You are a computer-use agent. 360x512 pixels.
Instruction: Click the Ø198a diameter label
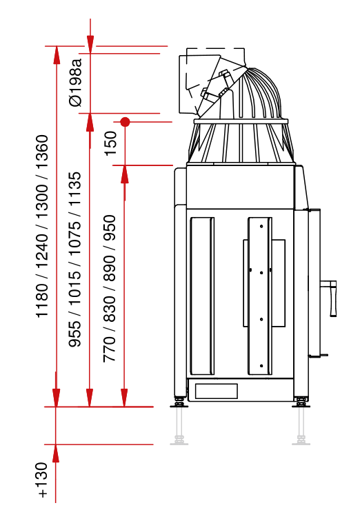pyautogui.click(x=75, y=82)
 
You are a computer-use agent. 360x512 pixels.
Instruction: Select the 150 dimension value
pyautogui.click(x=110, y=143)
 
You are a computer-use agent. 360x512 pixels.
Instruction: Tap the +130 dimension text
pyautogui.click(x=43, y=480)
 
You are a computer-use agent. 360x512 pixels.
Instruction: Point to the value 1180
pyautogui.click(x=42, y=300)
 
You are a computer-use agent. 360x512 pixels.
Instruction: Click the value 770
pyautogui.click(x=110, y=349)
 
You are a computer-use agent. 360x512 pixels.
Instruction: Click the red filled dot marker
pyautogui.click(x=125, y=122)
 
